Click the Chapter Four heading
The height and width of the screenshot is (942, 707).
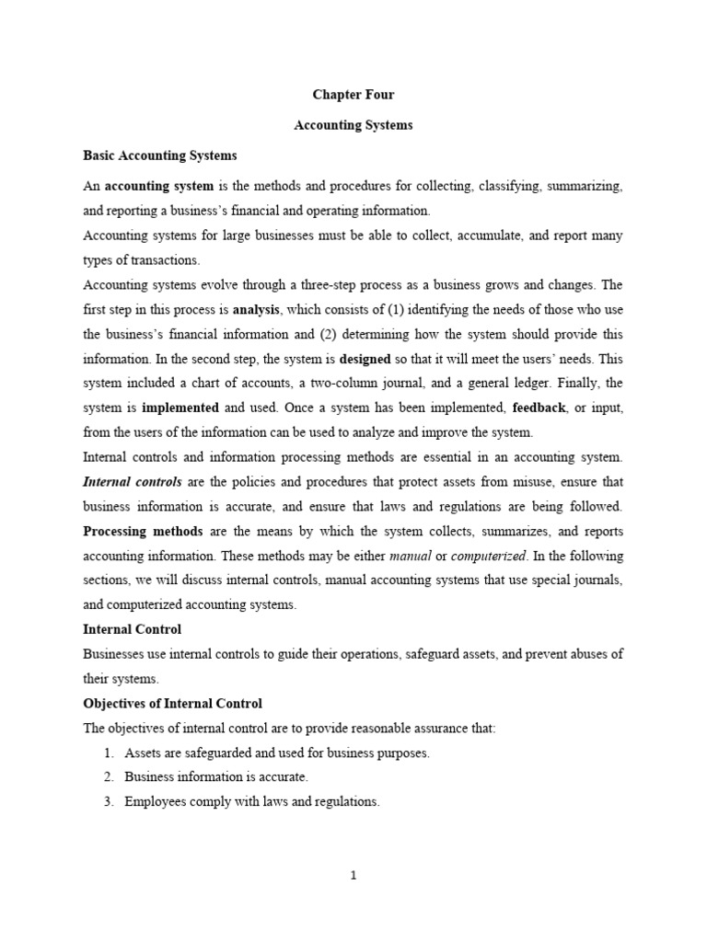pyautogui.click(x=353, y=94)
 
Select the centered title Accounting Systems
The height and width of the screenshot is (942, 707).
pyautogui.click(x=353, y=125)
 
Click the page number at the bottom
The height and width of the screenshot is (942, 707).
pyautogui.click(x=353, y=876)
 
